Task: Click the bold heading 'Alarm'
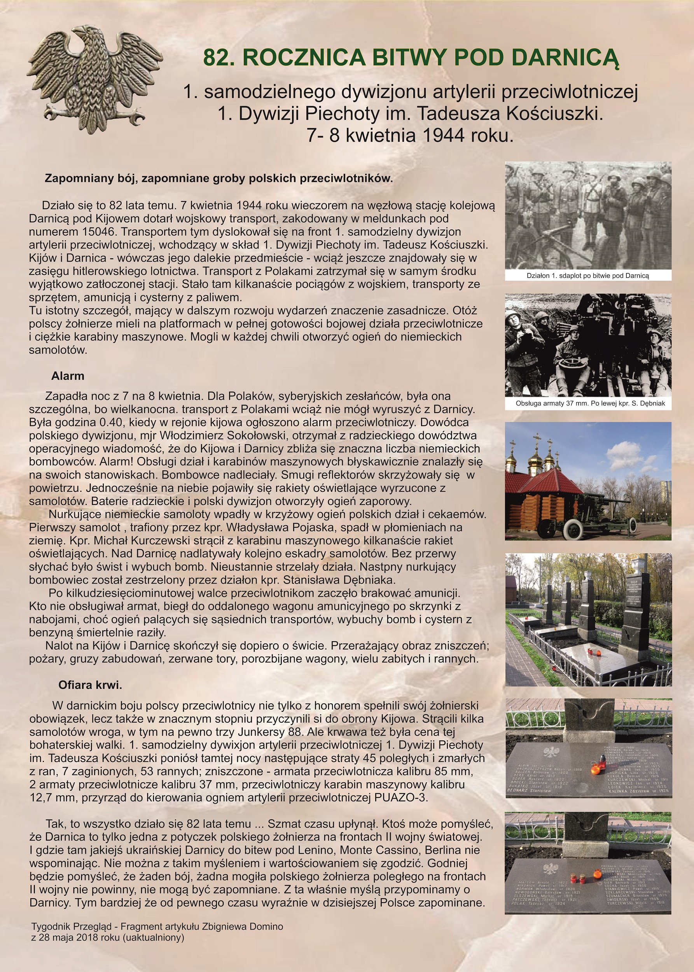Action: pyautogui.click(x=68, y=376)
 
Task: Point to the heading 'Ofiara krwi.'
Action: pyautogui.click(x=90, y=685)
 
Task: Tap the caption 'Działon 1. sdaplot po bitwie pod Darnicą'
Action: pyautogui.click(x=587, y=276)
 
